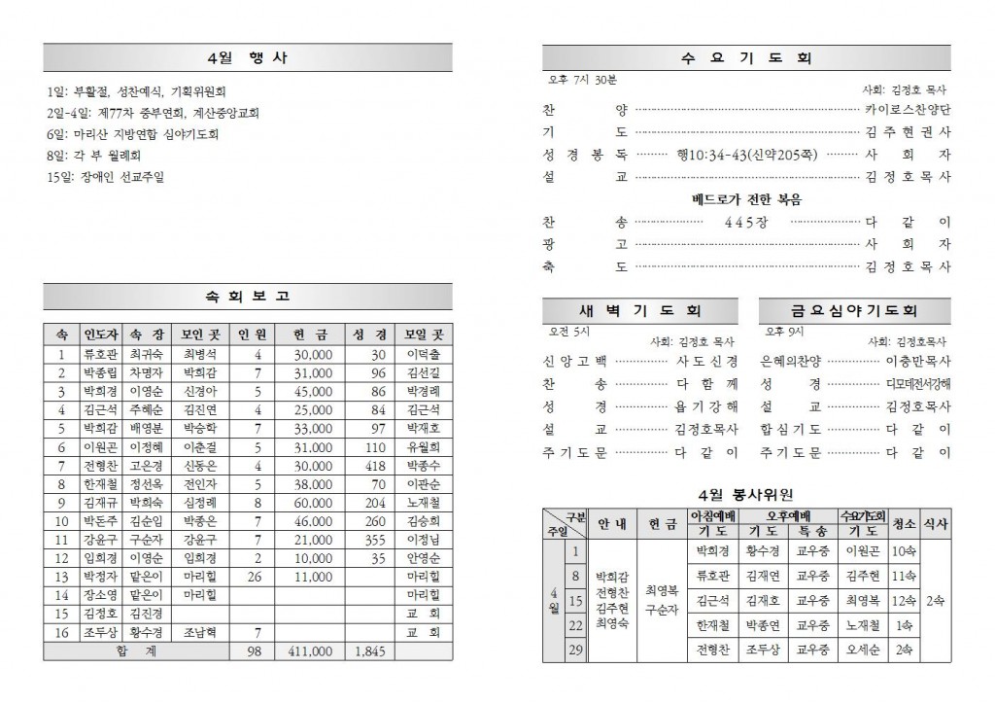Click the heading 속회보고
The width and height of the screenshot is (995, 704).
point(247,297)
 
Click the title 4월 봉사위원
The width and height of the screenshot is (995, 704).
point(745,494)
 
